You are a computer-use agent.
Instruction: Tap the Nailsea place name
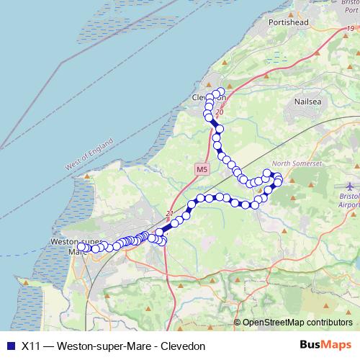click(311, 102)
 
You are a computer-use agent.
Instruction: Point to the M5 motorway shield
click(202, 169)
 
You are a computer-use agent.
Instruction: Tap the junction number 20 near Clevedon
click(220, 112)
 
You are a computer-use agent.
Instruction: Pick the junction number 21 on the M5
click(170, 213)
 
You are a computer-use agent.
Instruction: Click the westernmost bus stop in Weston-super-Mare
click(81, 247)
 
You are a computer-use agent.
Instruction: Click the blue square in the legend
click(10, 346)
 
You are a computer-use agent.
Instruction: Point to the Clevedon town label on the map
click(209, 97)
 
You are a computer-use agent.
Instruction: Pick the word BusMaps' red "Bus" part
click(311, 345)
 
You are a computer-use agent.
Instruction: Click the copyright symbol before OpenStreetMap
click(237, 323)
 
